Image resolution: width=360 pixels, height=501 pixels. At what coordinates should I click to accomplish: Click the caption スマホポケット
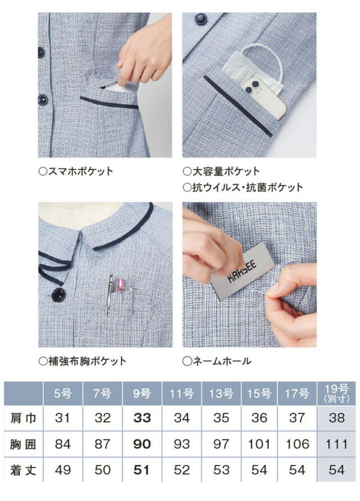point(75,171)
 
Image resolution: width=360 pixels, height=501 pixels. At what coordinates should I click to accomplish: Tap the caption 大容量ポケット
point(221,171)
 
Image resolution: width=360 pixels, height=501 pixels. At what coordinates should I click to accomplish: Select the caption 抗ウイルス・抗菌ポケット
point(242,187)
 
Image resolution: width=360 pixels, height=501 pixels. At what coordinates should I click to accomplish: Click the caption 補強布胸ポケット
point(82,361)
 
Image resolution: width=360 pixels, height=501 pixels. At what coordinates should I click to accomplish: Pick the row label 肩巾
point(24,418)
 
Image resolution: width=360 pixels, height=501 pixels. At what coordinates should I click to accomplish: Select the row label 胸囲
point(24,444)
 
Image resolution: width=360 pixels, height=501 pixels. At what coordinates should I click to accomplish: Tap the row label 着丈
point(24,470)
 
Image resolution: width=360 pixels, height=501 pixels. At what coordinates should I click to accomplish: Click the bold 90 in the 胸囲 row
point(142,444)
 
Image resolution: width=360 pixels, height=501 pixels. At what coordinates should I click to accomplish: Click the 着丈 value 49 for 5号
point(63,470)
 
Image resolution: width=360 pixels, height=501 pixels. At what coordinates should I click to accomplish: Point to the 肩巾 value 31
point(63,418)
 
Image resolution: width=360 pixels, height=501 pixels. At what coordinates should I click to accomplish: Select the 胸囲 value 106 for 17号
point(298,444)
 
